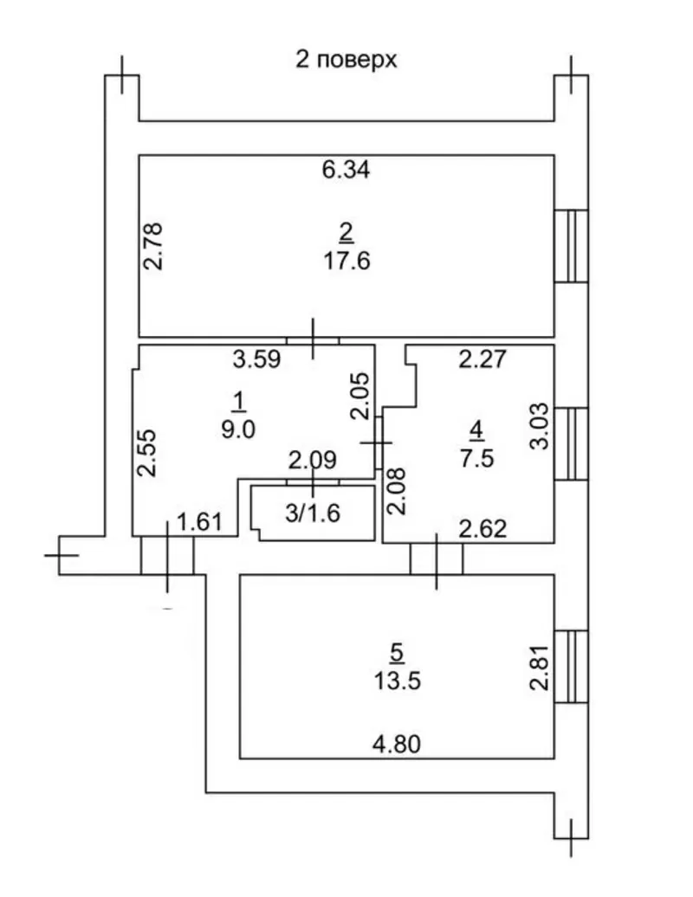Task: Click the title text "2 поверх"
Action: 346,61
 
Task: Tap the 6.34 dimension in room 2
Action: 346,171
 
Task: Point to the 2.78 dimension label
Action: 152,247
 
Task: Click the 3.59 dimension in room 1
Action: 259,359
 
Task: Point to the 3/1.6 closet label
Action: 313,513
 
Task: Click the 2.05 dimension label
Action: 362,396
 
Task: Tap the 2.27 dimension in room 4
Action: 481,358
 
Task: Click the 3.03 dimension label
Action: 538,423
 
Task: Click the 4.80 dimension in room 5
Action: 398,743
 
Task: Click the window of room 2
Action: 571,246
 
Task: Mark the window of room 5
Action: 571,667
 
